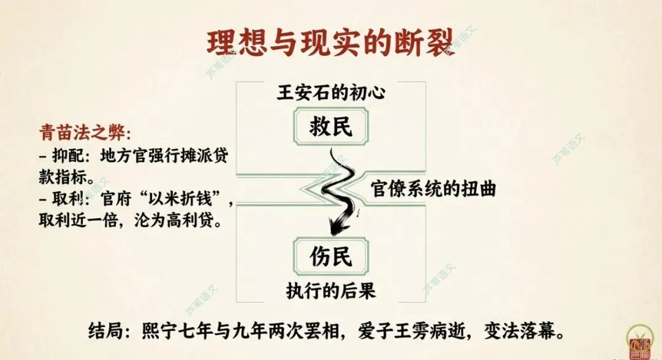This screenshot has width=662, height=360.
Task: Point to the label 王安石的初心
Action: tap(331, 94)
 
